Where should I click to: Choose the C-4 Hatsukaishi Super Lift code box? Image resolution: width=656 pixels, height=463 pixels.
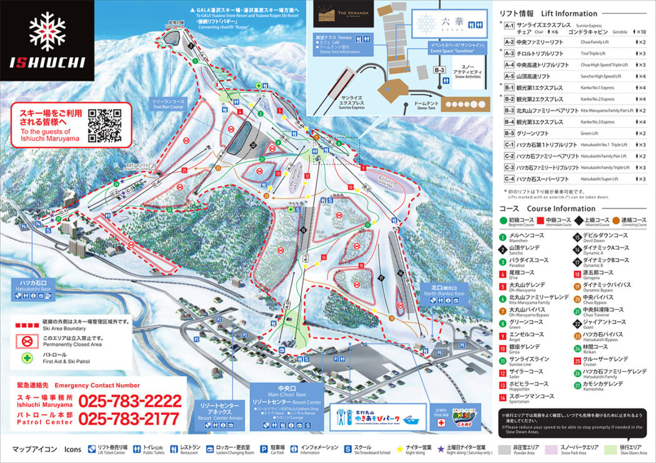509,179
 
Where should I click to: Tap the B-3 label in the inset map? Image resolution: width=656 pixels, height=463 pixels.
440,70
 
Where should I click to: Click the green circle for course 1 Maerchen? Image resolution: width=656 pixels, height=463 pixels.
502,235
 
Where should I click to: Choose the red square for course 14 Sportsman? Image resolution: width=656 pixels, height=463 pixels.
502,396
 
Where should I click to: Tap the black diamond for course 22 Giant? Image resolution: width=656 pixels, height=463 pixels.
577,322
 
